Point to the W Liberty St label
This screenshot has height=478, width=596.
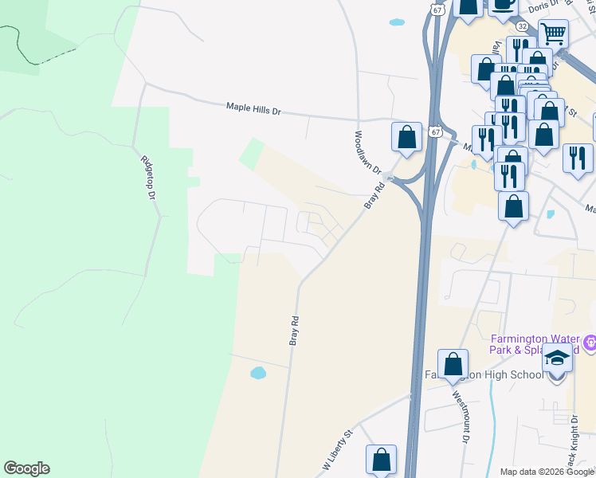click(337, 449)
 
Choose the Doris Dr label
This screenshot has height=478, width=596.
click(543, 6)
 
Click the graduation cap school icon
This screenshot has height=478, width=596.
click(558, 358)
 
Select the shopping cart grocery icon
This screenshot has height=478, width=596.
click(553, 33)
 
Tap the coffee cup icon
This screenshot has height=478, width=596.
click(503, 4)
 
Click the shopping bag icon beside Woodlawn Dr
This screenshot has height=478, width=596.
click(406, 136)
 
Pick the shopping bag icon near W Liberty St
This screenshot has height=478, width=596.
click(381, 459)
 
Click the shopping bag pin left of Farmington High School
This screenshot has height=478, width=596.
click(453, 365)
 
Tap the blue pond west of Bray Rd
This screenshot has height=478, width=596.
click(257, 372)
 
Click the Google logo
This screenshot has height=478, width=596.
click(26, 468)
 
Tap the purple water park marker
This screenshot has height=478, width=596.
click(590, 344)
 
